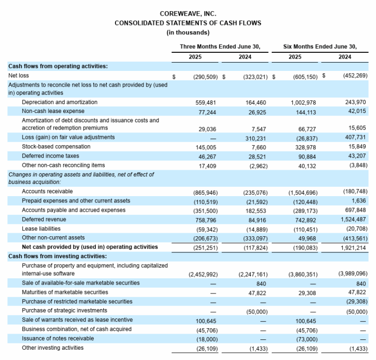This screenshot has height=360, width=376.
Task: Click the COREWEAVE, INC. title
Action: tap(188, 14)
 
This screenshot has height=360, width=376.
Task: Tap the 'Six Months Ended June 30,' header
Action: tap(320, 47)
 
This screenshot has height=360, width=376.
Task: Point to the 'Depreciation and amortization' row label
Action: tap(60, 102)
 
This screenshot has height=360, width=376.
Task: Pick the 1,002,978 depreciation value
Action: tap(302, 102)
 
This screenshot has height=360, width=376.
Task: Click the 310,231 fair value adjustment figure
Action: tap(253, 137)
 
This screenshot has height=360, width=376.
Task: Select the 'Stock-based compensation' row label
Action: tap(56, 146)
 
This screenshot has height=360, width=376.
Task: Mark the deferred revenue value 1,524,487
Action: tap(352, 220)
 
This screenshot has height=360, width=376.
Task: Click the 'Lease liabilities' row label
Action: tap(41, 228)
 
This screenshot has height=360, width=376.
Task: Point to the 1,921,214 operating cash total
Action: tap(352, 247)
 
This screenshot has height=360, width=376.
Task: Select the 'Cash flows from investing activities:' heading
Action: tap(57, 256)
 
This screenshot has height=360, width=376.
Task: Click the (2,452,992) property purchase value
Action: tap(203, 274)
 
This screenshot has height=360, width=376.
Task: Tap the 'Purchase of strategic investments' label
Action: tap(65, 311)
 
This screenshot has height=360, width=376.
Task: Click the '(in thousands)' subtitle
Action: tap(188, 32)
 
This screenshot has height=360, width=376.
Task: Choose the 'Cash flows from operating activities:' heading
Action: tap(58, 66)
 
